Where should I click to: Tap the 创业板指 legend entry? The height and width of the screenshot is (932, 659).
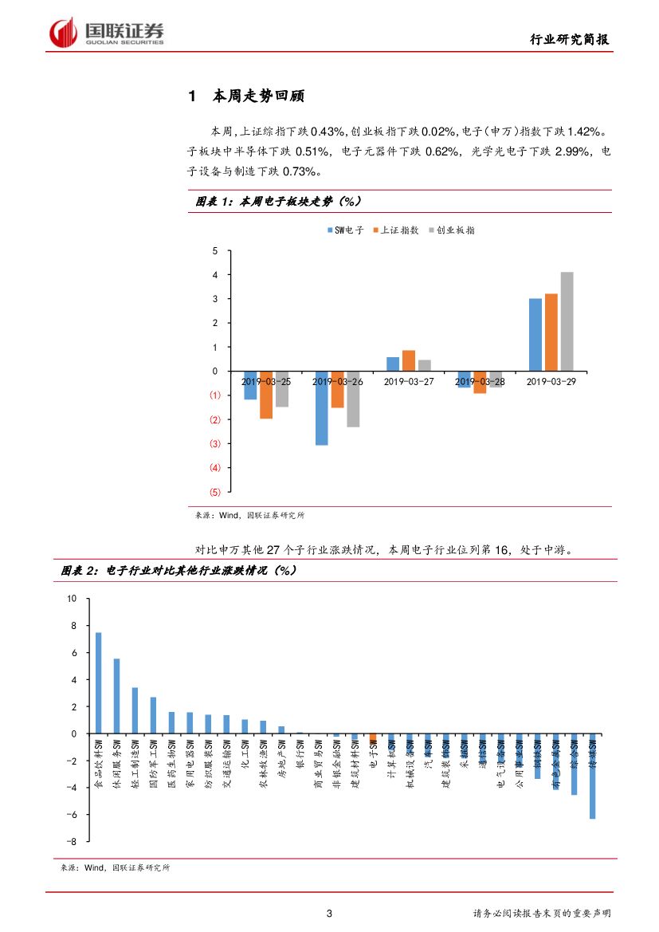click(452, 230)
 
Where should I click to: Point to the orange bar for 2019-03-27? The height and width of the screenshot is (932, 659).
click(408, 360)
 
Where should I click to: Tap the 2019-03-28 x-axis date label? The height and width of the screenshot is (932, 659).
click(480, 382)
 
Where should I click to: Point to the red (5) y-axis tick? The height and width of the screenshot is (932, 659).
click(214, 492)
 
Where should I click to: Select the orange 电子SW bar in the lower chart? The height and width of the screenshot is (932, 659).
click(373, 737)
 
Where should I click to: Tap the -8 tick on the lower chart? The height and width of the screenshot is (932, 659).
click(72, 842)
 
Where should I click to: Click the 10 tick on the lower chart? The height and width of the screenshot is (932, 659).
click(72, 599)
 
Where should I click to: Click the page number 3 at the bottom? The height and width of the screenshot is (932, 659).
click(329, 914)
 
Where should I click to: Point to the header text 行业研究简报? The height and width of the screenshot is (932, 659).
click(571, 40)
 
